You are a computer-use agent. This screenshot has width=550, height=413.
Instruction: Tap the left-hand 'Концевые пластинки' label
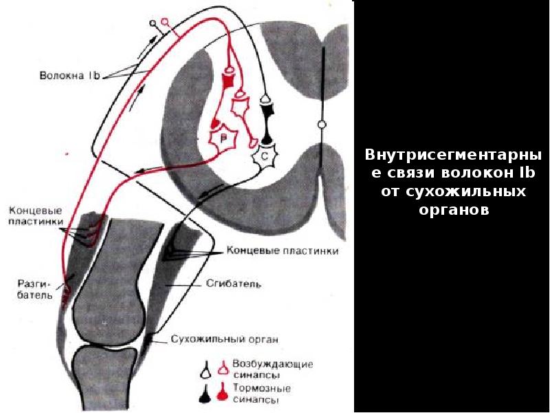coord(36,216)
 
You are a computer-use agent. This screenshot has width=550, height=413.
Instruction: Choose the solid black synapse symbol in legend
coord(205,393)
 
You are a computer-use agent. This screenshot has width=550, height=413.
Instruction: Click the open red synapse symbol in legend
coord(223,368)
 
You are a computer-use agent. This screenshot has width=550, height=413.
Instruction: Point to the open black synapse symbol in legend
coord(205,369)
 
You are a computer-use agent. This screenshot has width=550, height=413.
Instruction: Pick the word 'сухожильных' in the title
coord(453,191)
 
